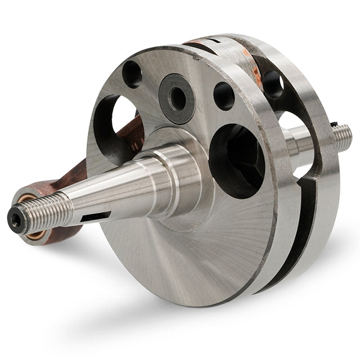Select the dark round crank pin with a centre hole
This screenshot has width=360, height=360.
(x=177, y=98)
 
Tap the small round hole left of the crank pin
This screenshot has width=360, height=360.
(x=133, y=73)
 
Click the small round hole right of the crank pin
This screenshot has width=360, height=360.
(x=224, y=96)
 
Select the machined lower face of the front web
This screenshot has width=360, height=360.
(x=186, y=259)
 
